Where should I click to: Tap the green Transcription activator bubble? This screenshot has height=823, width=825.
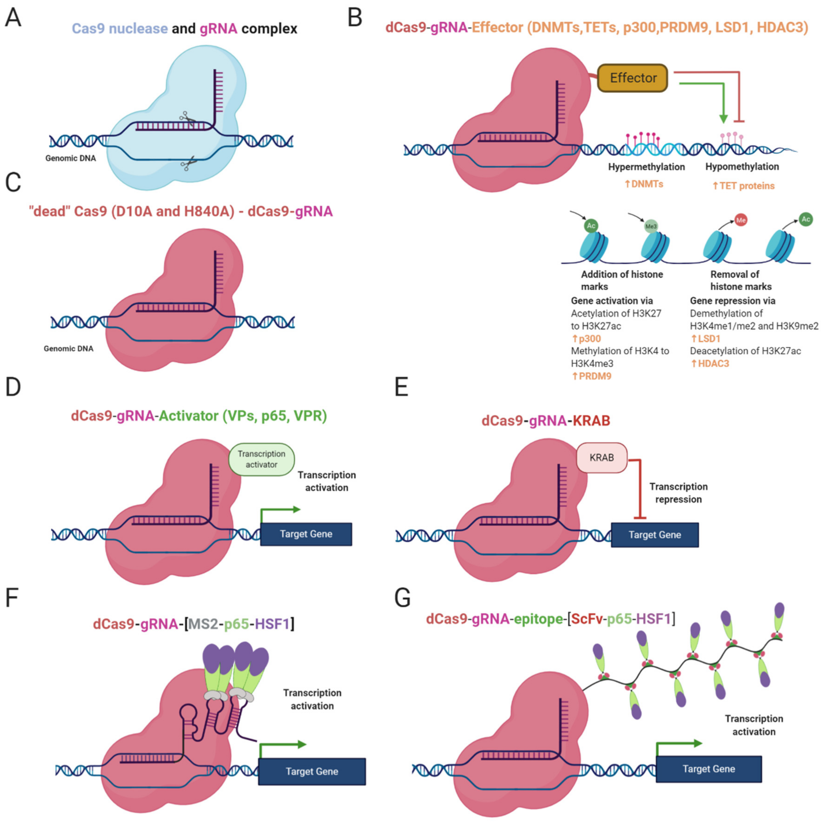pyautogui.click(x=261, y=459)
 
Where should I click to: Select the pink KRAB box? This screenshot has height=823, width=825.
pyautogui.click(x=602, y=458)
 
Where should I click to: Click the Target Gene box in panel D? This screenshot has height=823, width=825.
pyautogui.click(x=306, y=534)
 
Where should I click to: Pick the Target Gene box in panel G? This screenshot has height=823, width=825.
pyautogui.click(x=709, y=769)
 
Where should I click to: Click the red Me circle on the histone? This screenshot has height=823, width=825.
pyautogui.click(x=741, y=220)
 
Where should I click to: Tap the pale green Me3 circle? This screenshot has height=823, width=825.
pyautogui.click(x=651, y=226)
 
